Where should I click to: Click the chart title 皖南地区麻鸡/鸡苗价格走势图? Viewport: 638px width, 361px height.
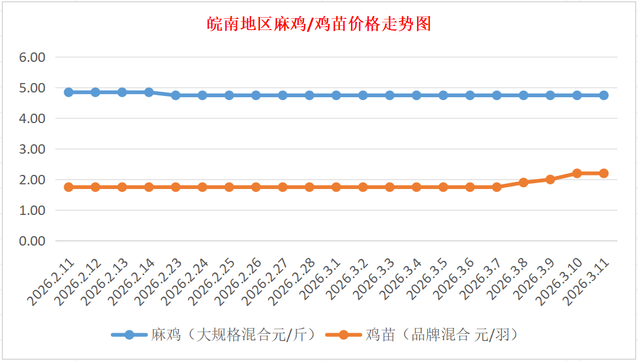(x=319, y=24)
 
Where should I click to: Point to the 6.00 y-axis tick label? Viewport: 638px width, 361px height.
(x=32, y=58)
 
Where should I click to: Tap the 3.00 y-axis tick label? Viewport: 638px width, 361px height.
(x=32, y=150)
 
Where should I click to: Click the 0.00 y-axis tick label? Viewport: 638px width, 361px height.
(x=32, y=241)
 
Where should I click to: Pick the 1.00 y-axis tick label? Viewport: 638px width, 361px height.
(x=32, y=210)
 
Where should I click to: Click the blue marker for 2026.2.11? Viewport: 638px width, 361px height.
(x=68, y=92)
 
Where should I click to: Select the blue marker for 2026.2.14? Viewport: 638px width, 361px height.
(x=149, y=92)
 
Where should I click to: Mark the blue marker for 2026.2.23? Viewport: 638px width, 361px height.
(x=176, y=95)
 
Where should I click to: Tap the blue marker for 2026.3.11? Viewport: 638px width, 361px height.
(x=604, y=95)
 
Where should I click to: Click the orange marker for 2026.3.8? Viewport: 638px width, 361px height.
(x=523, y=183)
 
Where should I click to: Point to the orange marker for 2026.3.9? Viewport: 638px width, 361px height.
(x=550, y=180)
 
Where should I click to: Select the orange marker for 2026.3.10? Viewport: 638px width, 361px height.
(x=577, y=173)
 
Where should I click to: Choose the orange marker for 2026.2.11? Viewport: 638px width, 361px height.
(x=68, y=187)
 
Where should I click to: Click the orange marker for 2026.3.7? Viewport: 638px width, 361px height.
(x=497, y=187)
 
